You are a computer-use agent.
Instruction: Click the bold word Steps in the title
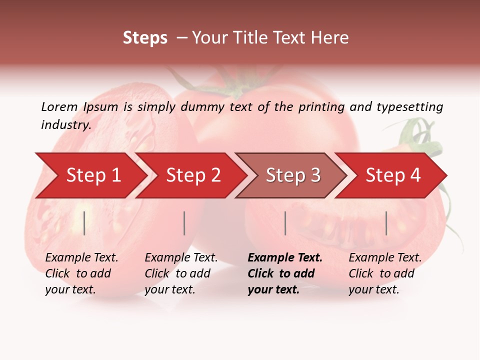(145, 38)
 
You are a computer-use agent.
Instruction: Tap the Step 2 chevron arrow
(193, 175)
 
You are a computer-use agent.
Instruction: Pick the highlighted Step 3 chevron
(293, 175)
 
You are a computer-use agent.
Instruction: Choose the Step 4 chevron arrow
(393, 175)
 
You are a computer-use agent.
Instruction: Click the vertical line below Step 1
(84, 223)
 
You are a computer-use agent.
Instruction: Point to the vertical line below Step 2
(184, 223)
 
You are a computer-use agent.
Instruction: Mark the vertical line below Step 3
(285, 223)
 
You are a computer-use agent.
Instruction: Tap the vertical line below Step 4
(386, 223)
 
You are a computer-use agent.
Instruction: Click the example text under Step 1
(81, 273)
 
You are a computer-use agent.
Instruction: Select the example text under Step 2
(181, 273)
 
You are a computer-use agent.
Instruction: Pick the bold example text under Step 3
(284, 273)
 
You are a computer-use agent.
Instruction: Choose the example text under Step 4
(385, 273)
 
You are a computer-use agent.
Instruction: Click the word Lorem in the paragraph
(59, 106)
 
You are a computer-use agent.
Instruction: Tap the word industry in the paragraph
(65, 125)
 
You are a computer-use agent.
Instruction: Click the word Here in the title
(331, 38)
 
